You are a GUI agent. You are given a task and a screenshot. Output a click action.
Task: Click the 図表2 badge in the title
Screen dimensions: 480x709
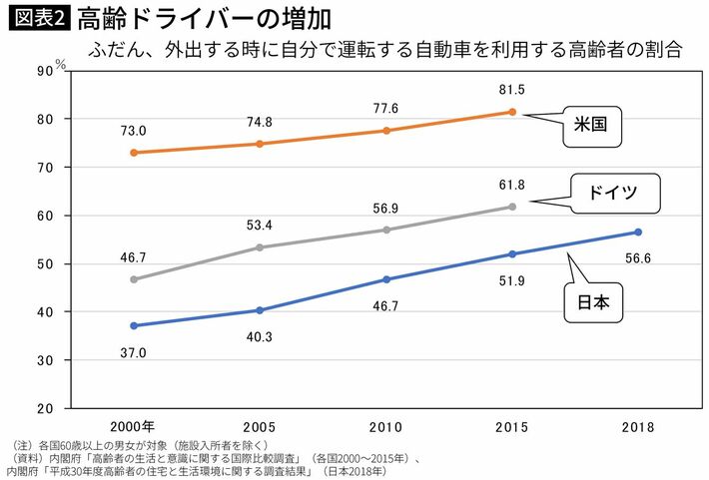click(x=37, y=19)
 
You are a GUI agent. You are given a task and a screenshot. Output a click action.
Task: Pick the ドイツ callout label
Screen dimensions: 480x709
click(x=617, y=192)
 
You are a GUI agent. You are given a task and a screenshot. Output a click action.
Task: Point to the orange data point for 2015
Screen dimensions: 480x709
click(x=512, y=112)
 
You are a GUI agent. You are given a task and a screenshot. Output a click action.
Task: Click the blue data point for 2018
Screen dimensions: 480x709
click(x=638, y=233)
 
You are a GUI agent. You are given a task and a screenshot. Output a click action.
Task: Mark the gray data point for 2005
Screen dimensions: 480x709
click(x=260, y=246)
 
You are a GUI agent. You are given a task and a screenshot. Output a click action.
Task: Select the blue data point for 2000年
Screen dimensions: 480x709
click(x=134, y=325)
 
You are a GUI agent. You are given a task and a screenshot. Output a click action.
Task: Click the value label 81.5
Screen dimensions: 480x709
click(x=512, y=90)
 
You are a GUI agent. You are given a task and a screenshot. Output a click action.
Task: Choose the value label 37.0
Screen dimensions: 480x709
click(x=134, y=352)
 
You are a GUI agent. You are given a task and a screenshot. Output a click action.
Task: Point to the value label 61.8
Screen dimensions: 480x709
click(x=512, y=184)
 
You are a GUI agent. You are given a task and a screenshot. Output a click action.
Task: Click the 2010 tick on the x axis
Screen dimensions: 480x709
click(x=385, y=428)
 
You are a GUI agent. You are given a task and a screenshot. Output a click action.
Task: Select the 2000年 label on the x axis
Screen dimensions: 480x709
click(x=134, y=428)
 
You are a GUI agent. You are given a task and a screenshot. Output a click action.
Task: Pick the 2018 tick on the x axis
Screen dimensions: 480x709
click(x=638, y=428)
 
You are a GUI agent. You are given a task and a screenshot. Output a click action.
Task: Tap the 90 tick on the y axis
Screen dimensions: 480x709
click(x=44, y=71)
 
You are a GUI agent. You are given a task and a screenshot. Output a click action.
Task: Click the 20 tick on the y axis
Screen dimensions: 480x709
click(x=44, y=408)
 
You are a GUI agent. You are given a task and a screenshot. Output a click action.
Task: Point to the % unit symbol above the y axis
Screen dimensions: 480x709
click(x=60, y=63)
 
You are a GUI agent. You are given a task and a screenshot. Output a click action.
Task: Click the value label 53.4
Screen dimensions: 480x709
click(x=260, y=224)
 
